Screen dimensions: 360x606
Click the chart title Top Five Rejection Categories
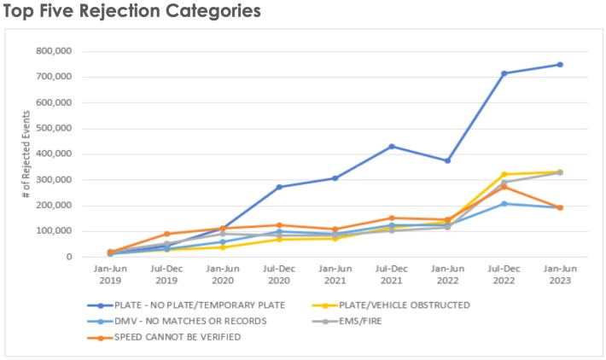click(131, 12)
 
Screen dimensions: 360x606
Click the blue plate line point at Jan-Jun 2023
click(560, 64)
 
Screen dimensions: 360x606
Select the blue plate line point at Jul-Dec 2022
click(504, 73)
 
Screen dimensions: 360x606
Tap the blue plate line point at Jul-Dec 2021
click(392, 146)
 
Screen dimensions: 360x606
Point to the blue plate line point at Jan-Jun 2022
click(447, 160)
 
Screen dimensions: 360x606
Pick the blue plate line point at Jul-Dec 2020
click(279, 187)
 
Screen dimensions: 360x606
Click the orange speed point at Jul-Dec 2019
click(167, 234)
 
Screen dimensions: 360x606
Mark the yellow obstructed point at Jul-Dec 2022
click(504, 174)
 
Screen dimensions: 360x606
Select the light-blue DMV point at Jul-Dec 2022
click(504, 203)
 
